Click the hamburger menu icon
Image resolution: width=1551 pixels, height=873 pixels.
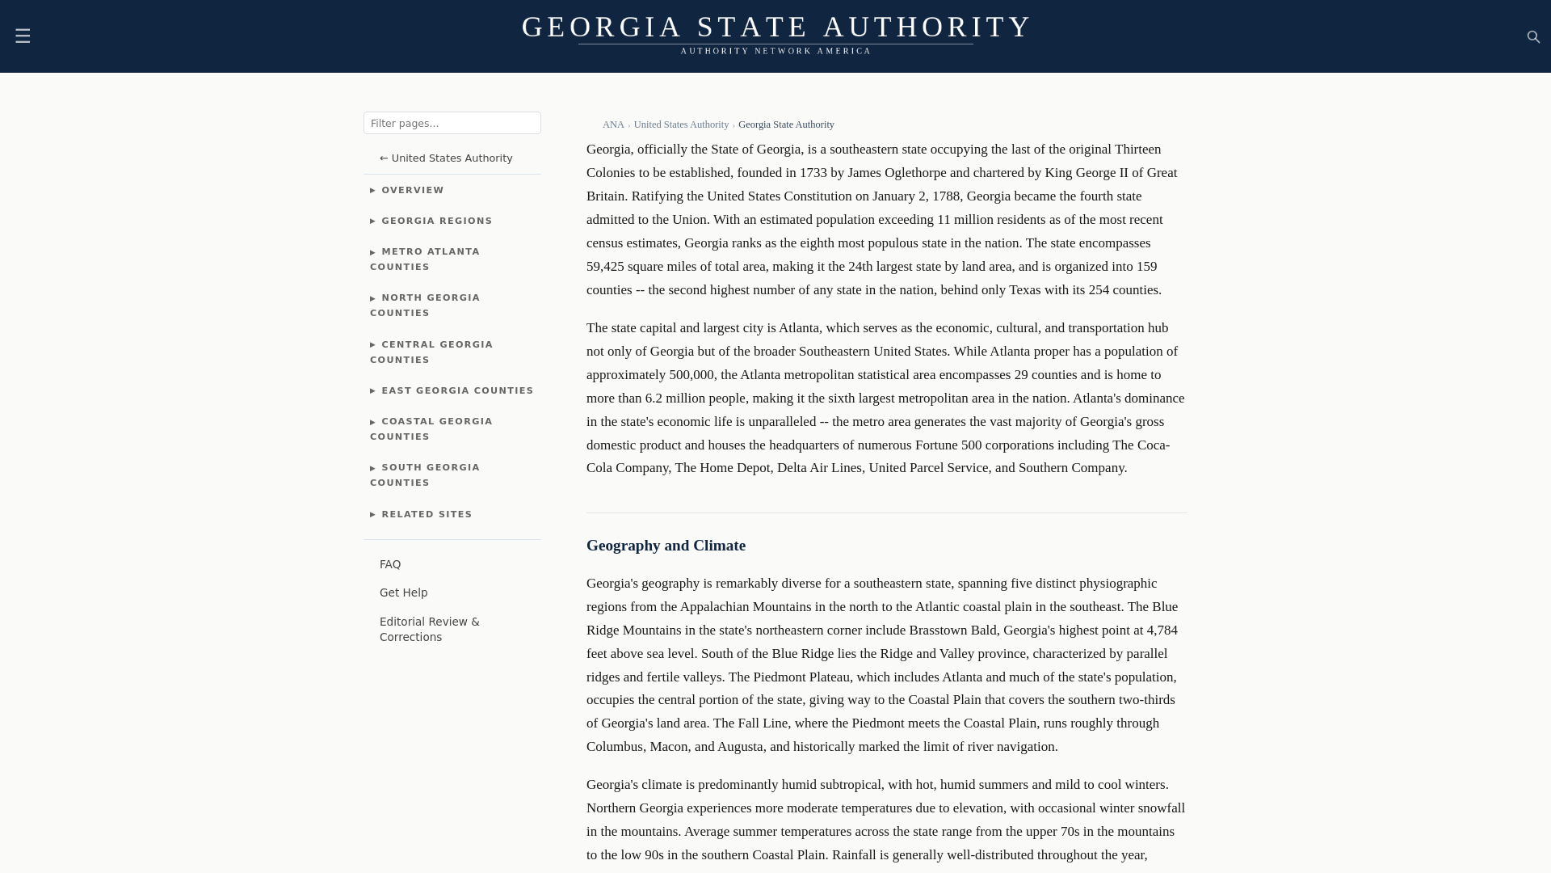(x=23, y=36)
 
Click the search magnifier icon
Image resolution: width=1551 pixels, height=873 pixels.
(x=1533, y=37)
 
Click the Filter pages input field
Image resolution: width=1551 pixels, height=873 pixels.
(x=452, y=123)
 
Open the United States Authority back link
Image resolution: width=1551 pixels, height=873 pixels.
(x=446, y=158)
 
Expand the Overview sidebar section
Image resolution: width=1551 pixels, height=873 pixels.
(x=412, y=191)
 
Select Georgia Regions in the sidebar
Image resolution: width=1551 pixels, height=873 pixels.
(x=436, y=221)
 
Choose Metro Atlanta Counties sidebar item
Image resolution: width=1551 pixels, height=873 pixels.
(x=425, y=259)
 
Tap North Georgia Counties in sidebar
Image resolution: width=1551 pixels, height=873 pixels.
(x=425, y=306)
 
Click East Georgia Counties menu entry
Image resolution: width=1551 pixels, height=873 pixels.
(x=456, y=391)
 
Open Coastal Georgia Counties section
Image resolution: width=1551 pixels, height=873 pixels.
(x=431, y=429)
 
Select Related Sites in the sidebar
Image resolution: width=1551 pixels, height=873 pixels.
(x=426, y=515)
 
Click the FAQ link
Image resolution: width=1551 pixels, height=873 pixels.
(x=390, y=565)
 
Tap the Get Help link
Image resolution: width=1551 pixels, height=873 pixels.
(x=403, y=593)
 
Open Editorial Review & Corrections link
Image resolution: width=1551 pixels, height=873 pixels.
(x=429, y=630)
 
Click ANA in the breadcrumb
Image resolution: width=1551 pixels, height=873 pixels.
(x=612, y=125)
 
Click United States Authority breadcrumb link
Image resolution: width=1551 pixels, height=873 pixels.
(x=680, y=125)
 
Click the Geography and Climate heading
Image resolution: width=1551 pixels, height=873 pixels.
(x=666, y=546)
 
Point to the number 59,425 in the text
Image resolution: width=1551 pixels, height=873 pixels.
(x=605, y=267)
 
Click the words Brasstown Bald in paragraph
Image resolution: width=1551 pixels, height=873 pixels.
(x=952, y=630)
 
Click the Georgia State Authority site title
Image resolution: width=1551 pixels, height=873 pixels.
(x=775, y=27)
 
